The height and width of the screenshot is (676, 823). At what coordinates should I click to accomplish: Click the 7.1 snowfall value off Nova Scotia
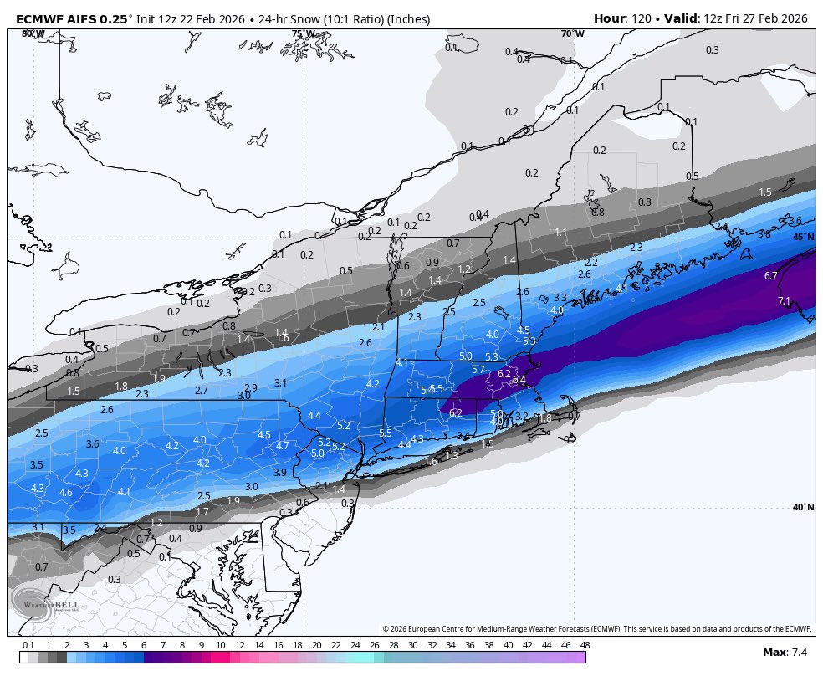(784, 301)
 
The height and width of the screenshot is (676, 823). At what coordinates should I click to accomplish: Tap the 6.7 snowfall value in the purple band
(771, 276)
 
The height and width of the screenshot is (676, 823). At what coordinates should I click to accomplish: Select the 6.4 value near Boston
(519, 380)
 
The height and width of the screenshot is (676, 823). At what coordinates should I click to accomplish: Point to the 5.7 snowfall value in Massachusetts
(478, 369)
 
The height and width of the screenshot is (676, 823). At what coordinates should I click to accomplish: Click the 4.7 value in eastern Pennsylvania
(283, 446)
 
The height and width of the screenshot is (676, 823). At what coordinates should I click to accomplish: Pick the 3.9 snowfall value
(280, 473)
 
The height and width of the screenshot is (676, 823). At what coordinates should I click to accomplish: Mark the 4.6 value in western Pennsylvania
(66, 493)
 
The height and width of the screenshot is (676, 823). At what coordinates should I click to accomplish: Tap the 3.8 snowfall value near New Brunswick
(764, 234)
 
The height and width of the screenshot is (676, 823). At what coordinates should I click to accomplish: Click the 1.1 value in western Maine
(561, 232)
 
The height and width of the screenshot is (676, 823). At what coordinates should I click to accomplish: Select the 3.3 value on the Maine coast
(560, 298)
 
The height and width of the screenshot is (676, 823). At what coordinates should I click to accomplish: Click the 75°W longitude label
(303, 34)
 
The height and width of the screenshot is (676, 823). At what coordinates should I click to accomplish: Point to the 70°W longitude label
(573, 34)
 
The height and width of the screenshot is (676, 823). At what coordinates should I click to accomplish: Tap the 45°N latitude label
(803, 238)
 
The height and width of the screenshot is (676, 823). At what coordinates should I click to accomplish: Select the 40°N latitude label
(803, 507)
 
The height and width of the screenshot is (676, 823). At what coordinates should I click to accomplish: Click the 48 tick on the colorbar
(585, 645)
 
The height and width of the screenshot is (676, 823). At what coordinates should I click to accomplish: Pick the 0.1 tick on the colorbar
(28, 645)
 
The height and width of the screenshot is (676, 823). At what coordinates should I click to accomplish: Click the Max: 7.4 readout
(785, 652)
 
